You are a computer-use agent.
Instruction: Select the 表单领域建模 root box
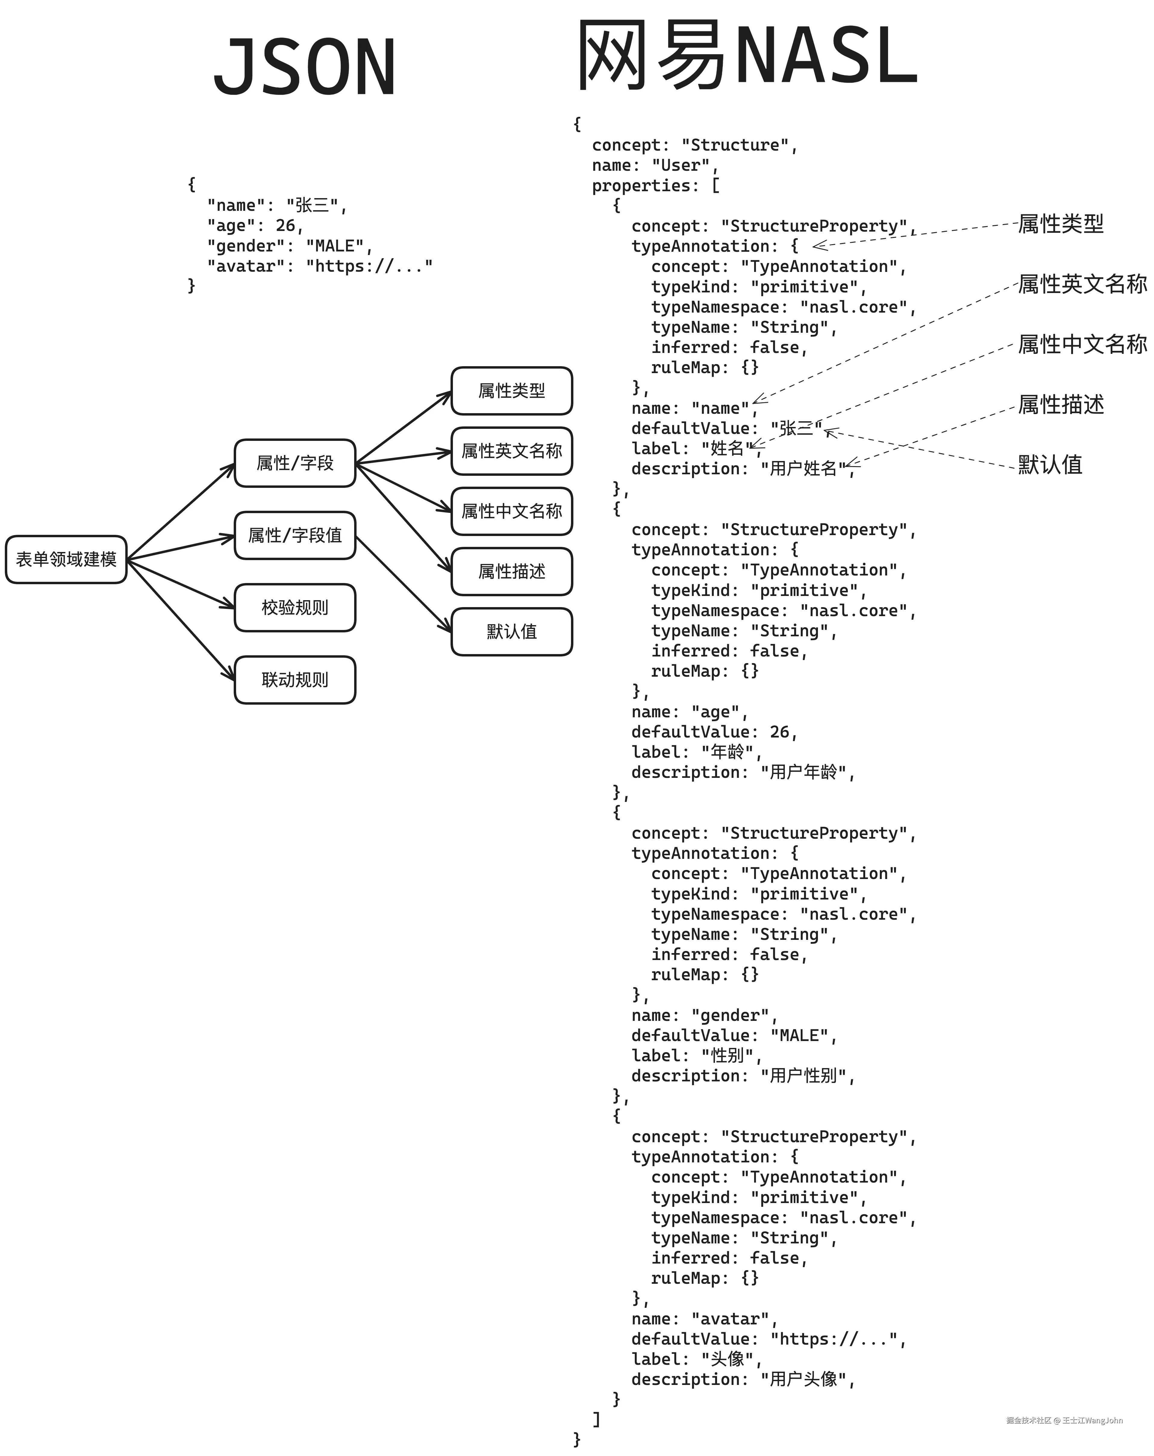click(x=65, y=559)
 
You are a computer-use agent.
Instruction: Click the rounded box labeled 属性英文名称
click(x=511, y=451)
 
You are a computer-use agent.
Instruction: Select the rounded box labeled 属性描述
click(x=511, y=571)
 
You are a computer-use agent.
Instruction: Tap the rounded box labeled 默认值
click(x=511, y=631)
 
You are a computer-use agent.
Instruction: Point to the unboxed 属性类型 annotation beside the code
click(x=1060, y=223)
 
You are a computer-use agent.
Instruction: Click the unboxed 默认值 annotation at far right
click(x=1050, y=465)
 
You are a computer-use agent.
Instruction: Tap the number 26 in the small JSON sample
click(x=285, y=226)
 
